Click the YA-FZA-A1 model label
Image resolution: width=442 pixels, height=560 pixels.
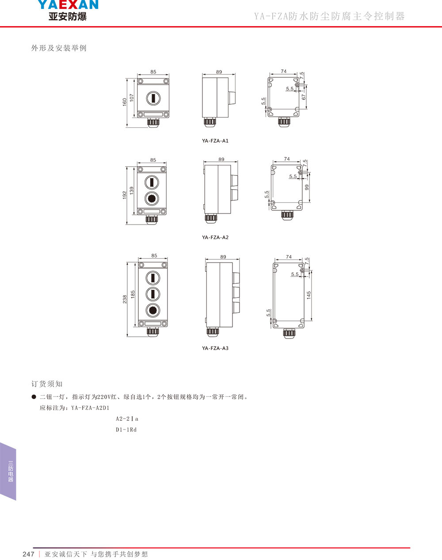click(215, 141)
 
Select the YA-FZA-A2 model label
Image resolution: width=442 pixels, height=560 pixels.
click(215, 237)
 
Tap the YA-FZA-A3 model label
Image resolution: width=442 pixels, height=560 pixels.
click(215, 348)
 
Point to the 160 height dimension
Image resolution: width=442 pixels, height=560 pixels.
click(125, 102)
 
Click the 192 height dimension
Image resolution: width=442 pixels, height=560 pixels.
click(125, 195)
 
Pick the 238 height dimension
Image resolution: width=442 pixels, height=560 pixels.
click(125, 299)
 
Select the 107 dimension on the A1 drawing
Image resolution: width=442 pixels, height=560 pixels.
click(132, 99)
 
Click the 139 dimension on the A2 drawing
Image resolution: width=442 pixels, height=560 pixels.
click(132, 191)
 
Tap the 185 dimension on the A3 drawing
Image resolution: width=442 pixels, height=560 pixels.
click(132, 293)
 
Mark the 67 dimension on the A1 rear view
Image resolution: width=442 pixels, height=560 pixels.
click(304, 97)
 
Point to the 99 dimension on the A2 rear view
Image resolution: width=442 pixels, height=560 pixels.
click(307, 187)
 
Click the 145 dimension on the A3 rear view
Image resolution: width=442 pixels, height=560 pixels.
click(309, 294)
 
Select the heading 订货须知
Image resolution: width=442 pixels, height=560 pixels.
click(47, 384)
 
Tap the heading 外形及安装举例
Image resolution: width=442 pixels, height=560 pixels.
click(59, 48)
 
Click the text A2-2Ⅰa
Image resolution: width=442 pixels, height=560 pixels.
click(127, 419)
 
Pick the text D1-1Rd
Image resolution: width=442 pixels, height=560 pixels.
click(126, 430)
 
